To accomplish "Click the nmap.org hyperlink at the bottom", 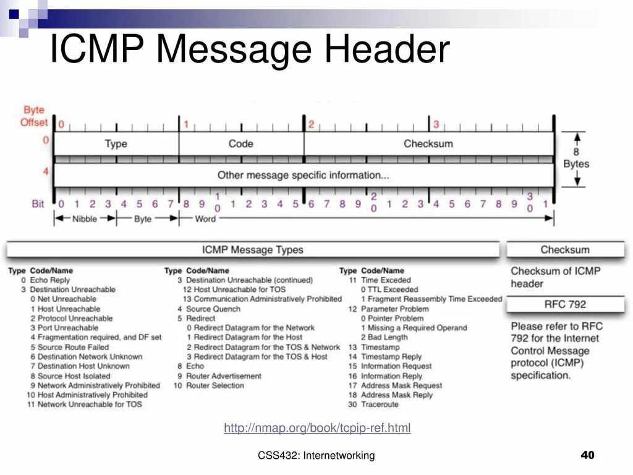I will click(x=317, y=428).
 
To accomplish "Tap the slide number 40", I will click(x=587, y=455).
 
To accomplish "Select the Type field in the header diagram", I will click(x=116, y=143).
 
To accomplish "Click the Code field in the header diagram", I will click(x=240, y=143).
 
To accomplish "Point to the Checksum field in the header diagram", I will click(x=428, y=143).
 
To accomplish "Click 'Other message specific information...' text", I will click(x=303, y=175).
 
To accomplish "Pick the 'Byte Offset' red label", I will click(x=34, y=116).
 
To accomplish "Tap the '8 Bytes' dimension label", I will click(x=576, y=158).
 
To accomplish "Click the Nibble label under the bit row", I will click(x=85, y=218).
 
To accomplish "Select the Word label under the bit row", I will click(x=205, y=218).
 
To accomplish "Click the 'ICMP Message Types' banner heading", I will click(x=253, y=250).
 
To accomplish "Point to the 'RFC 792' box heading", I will click(x=565, y=304).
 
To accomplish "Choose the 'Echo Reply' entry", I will click(x=50, y=280).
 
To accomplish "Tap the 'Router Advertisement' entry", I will click(x=224, y=375).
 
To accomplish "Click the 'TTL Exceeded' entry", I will click(x=393, y=289).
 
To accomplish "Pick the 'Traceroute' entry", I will click(x=380, y=404).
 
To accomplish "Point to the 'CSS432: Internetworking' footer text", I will click(x=316, y=456).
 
